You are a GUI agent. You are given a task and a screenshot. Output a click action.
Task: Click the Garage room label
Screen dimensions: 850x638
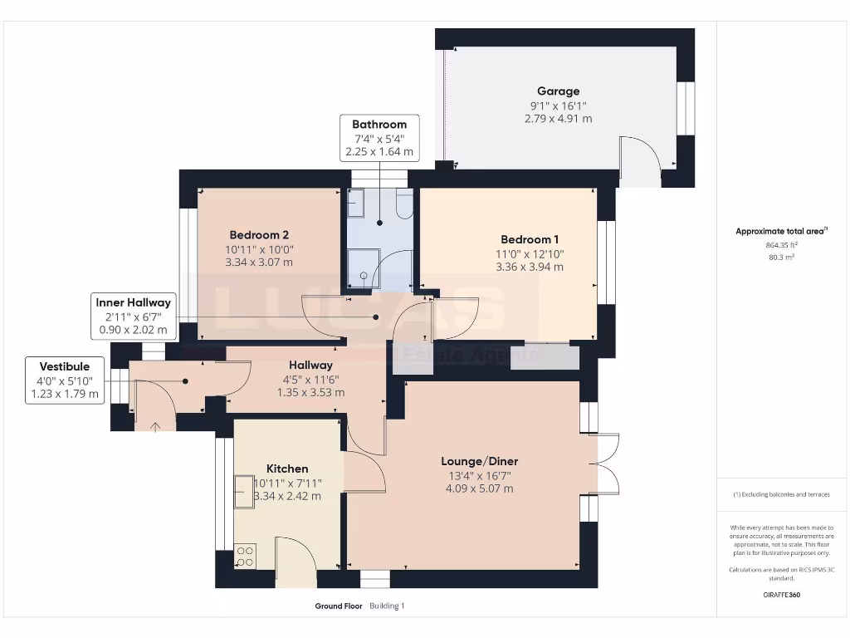pos(559,91)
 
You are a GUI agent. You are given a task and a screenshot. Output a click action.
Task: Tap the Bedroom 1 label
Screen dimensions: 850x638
pos(530,239)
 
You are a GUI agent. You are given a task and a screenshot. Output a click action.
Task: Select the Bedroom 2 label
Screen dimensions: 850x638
pos(259,235)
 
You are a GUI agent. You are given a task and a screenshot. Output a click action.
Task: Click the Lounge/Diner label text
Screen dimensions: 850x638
pos(479,461)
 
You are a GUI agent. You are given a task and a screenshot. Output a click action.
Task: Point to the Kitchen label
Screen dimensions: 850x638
pos(287,469)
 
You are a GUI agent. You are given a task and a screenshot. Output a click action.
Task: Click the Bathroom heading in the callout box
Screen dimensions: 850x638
pos(379,125)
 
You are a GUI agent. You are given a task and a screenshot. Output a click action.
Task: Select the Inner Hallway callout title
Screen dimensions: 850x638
pos(134,302)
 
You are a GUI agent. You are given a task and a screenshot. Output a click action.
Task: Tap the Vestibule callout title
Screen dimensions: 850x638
pos(65,366)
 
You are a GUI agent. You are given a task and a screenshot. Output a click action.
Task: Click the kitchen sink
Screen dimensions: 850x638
pos(244,492)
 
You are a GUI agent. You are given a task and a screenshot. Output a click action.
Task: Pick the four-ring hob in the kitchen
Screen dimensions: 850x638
pos(245,556)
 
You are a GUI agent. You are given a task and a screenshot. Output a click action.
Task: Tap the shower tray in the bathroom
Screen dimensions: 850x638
pos(364,268)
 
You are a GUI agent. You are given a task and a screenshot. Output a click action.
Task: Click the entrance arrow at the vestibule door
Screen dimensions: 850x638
pos(155,427)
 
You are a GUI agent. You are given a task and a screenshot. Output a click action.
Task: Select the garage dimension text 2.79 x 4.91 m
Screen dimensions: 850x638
pos(559,118)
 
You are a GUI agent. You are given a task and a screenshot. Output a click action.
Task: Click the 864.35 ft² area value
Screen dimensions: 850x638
pos(781,245)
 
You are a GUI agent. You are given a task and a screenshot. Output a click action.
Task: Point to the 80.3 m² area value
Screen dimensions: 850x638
pos(781,258)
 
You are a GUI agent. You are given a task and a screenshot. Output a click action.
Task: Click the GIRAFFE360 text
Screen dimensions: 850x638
pos(781,595)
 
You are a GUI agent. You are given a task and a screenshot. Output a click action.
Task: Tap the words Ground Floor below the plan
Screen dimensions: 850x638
pos(339,606)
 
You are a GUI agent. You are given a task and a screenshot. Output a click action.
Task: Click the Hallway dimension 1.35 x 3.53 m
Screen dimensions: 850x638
pos(310,392)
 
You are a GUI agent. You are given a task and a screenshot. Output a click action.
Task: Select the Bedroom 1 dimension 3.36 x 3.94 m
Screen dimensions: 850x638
pos(530,267)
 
